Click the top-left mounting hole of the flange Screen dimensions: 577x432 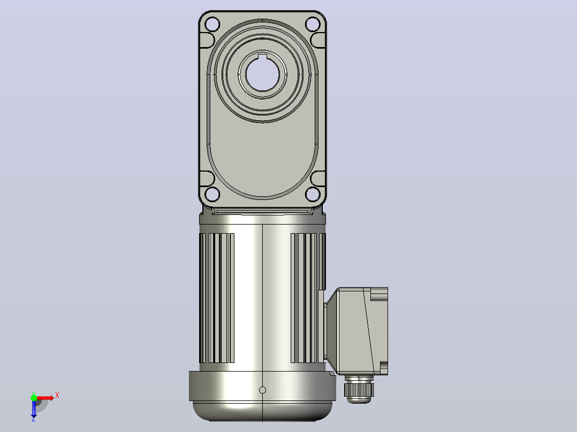pyautogui.click(x=212, y=25)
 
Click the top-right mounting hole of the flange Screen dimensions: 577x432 pyautogui.click(x=313, y=25)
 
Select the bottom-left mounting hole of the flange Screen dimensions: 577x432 pyautogui.click(x=212, y=194)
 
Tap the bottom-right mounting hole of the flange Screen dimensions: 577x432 pyautogui.click(x=313, y=194)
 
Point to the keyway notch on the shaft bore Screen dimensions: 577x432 pyautogui.click(x=262, y=56)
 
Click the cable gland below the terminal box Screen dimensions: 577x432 pyautogui.click(x=359, y=389)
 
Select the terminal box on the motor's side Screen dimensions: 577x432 pyautogui.click(x=356, y=331)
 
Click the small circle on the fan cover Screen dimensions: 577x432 pyautogui.click(x=262, y=390)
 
